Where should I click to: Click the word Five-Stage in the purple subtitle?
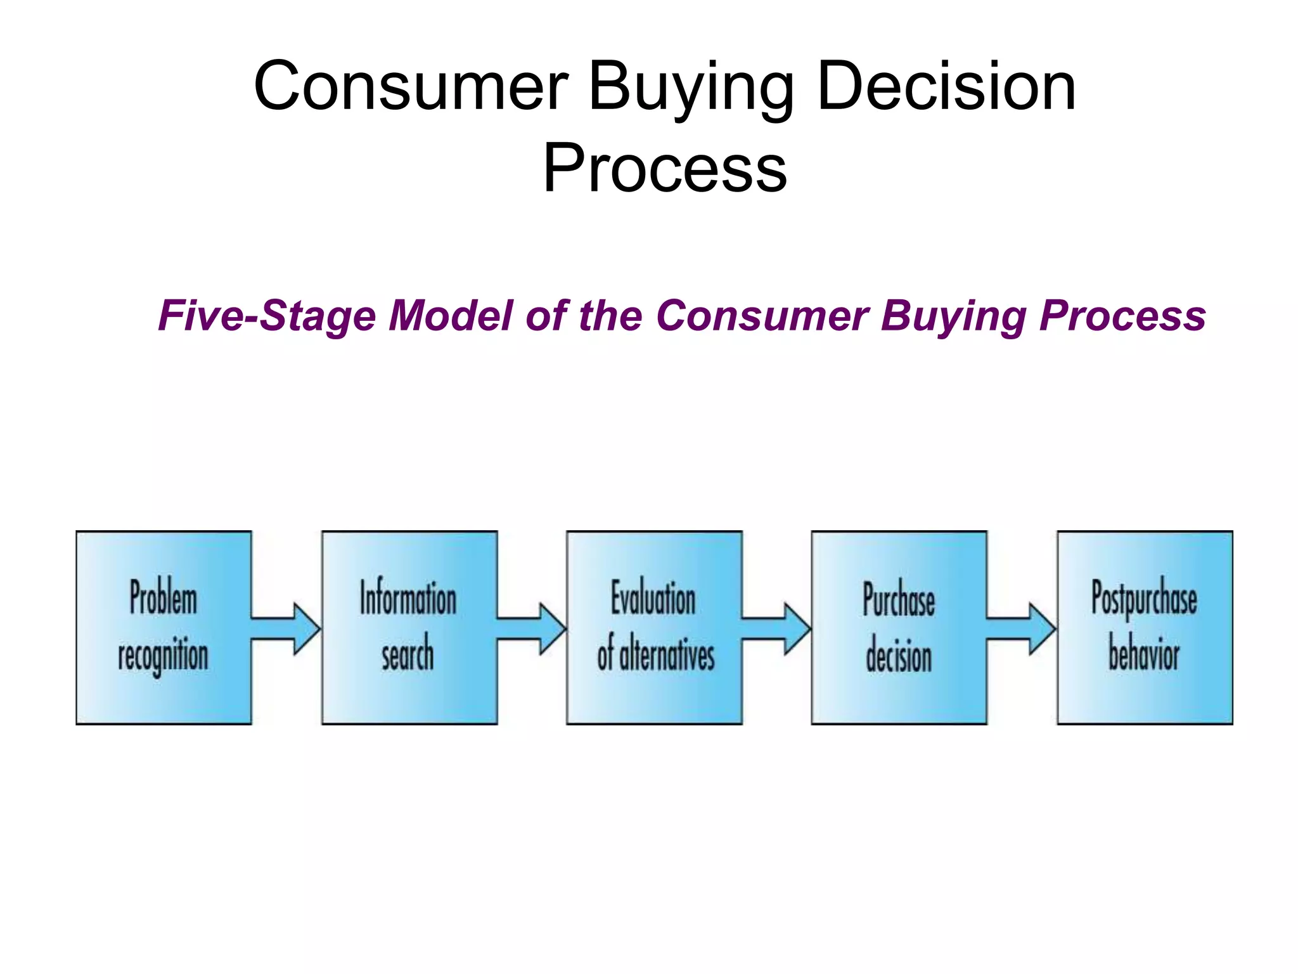click(x=267, y=316)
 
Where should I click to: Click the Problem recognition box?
click(x=164, y=627)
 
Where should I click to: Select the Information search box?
click(x=409, y=627)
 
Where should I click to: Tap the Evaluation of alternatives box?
click(x=654, y=627)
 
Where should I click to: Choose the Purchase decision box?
click(x=899, y=627)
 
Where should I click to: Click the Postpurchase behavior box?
click(x=1145, y=627)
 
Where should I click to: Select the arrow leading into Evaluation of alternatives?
click(x=532, y=628)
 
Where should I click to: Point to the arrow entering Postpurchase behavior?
click(x=1022, y=628)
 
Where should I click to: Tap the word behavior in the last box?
click(x=1144, y=654)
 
